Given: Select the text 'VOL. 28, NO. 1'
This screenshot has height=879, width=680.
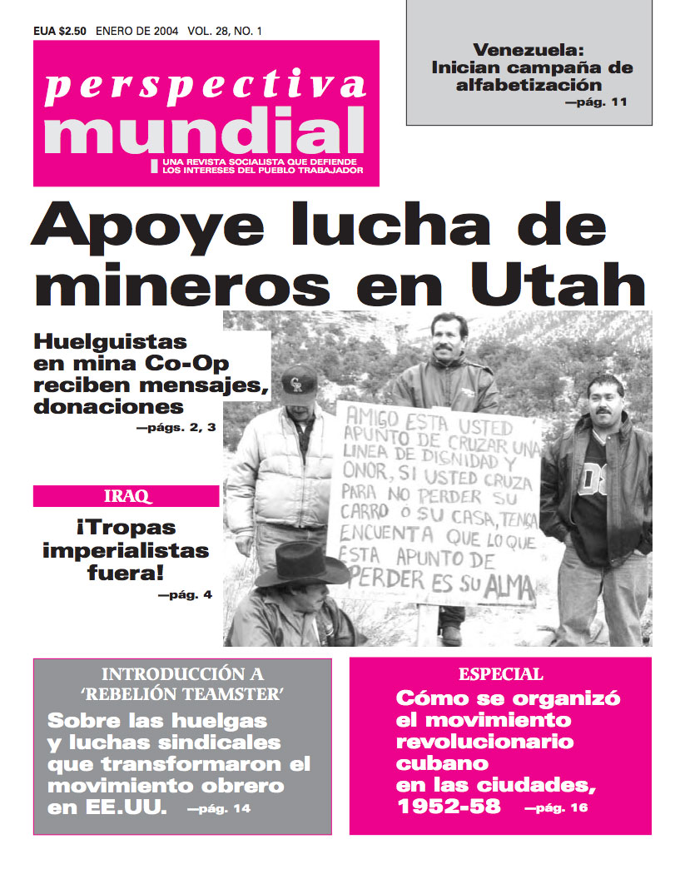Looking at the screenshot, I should pyautogui.click(x=225, y=32).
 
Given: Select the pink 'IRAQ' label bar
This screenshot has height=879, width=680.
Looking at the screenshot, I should pyautogui.click(x=127, y=497).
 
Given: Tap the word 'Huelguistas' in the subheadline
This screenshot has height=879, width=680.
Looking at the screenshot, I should pyautogui.click(x=111, y=341).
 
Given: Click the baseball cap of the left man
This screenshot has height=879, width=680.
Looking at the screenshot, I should pyautogui.click(x=300, y=380).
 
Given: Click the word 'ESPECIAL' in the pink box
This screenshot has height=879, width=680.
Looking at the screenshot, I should pyautogui.click(x=500, y=674).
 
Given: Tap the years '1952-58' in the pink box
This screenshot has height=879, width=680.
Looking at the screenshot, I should pyautogui.click(x=449, y=805).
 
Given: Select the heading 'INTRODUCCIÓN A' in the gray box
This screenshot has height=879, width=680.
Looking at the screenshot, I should pyautogui.click(x=182, y=674).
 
